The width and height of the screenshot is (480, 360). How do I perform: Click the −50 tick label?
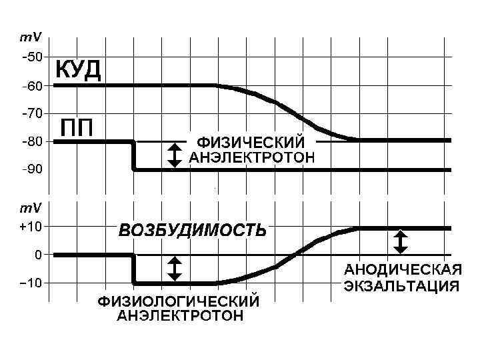31,57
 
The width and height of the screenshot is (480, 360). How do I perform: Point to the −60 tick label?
31,86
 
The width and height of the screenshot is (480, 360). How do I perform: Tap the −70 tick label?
31,114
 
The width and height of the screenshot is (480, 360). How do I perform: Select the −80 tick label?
31,142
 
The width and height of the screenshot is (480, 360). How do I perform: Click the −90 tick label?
31,170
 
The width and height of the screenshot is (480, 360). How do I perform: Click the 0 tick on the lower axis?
38,255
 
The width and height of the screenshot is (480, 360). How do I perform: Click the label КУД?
77,69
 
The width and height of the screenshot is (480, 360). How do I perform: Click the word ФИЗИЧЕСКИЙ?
251,142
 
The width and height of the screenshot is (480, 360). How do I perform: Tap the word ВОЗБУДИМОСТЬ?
193,231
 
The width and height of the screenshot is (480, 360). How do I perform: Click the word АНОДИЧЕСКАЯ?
403,270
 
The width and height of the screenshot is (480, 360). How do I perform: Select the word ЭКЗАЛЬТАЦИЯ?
401,287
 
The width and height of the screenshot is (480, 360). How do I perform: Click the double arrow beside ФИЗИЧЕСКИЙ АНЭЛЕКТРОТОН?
174,155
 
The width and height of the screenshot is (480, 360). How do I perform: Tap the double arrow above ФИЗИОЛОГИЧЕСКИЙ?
174,268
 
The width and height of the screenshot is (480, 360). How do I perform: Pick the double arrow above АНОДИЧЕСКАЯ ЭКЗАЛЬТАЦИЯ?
400,241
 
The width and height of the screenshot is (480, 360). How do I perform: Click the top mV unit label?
30,39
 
